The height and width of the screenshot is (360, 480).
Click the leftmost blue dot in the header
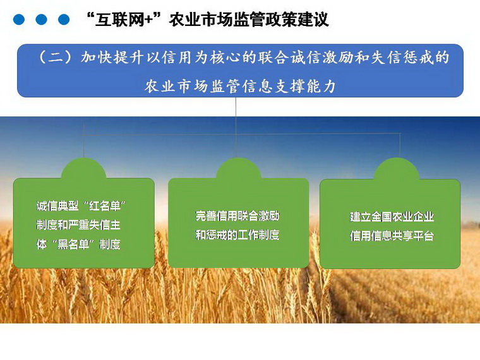[x=19, y=20]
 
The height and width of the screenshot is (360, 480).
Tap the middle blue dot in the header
[x=41, y=20]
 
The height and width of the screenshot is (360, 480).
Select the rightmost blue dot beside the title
[x=64, y=20]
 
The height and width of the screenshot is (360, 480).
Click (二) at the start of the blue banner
[x=55, y=57]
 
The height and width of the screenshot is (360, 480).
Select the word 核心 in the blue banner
[x=225, y=57]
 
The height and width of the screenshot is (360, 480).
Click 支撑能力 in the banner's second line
[x=305, y=87]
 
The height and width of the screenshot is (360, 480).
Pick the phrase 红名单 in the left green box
[x=105, y=206]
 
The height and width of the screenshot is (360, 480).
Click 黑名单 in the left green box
[x=73, y=244]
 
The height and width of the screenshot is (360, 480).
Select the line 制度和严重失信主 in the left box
[x=78, y=225]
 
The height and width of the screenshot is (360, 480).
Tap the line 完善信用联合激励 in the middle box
[x=237, y=216]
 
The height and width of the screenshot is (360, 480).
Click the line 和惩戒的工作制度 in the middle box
[x=237, y=235]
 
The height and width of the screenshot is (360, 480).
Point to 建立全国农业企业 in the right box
[x=392, y=217]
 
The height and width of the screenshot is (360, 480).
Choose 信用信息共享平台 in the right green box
[x=392, y=236]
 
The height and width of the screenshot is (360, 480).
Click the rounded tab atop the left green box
[x=83, y=169]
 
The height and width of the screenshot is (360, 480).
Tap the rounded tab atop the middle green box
[x=239, y=169]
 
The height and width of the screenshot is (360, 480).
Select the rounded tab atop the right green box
[x=397, y=169]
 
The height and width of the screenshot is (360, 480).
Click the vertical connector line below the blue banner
[x=236, y=128]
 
